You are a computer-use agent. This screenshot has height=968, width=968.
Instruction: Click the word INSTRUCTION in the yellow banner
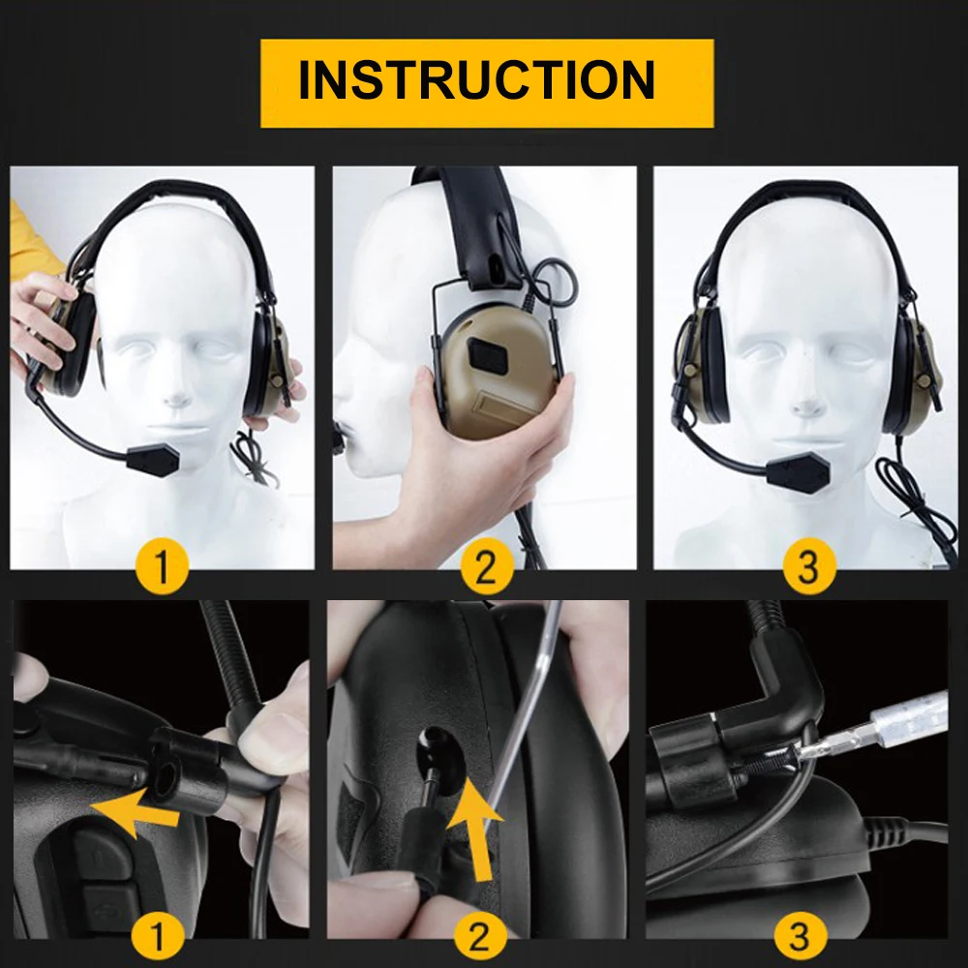476,81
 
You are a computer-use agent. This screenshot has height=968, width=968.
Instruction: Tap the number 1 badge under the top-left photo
162,565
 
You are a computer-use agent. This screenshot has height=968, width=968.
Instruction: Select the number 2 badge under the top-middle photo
487,566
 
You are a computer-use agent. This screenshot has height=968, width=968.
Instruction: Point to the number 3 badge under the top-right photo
808,566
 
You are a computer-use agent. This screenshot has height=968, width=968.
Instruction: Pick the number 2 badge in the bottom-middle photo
480,934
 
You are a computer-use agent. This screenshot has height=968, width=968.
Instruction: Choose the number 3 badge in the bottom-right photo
799,935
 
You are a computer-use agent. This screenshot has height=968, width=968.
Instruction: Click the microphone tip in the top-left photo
154,459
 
